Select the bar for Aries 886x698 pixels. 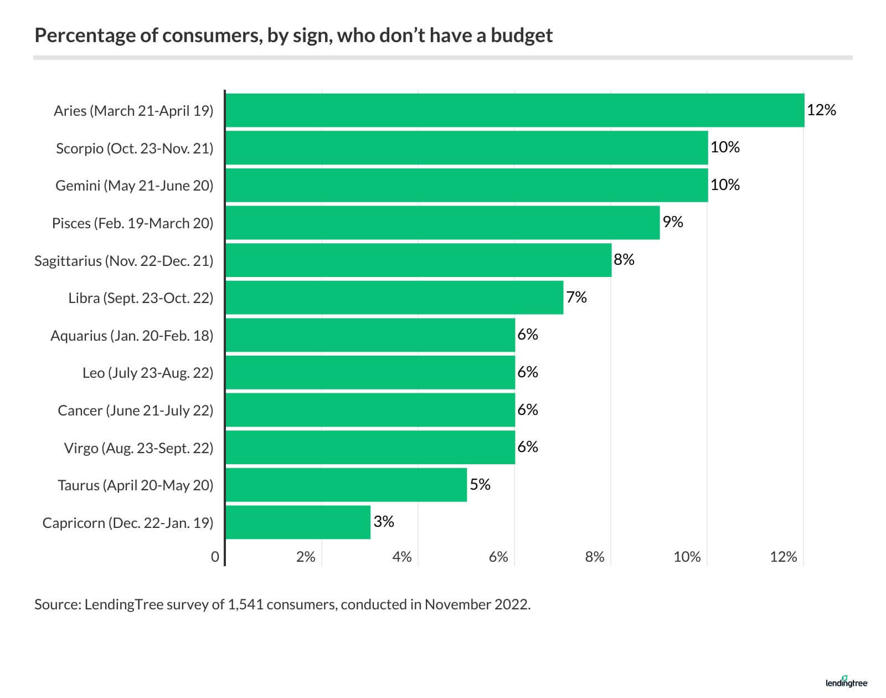click(x=515, y=110)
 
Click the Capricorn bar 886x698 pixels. click(x=298, y=522)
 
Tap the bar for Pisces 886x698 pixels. click(x=443, y=223)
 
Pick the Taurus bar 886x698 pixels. click(x=346, y=485)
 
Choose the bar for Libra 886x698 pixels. click(x=394, y=297)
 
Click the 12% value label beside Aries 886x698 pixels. click(x=821, y=110)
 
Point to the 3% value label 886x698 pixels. click(x=384, y=522)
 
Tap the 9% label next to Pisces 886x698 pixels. click(x=673, y=222)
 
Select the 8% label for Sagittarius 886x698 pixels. click(x=624, y=260)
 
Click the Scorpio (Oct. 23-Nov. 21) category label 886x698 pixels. click(x=135, y=148)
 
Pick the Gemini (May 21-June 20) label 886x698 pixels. click(x=134, y=186)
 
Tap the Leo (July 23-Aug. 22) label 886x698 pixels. click(x=148, y=373)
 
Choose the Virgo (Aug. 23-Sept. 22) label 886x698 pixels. click(x=138, y=448)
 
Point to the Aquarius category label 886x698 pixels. click(x=132, y=336)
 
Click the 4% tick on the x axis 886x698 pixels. click(x=402, y=557)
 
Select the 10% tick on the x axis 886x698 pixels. click(x=687, y=557)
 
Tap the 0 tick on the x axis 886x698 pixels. click(x=215, y=557)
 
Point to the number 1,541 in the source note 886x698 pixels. click(x=244, y=604)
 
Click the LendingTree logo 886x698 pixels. click(x=846, y=683)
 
